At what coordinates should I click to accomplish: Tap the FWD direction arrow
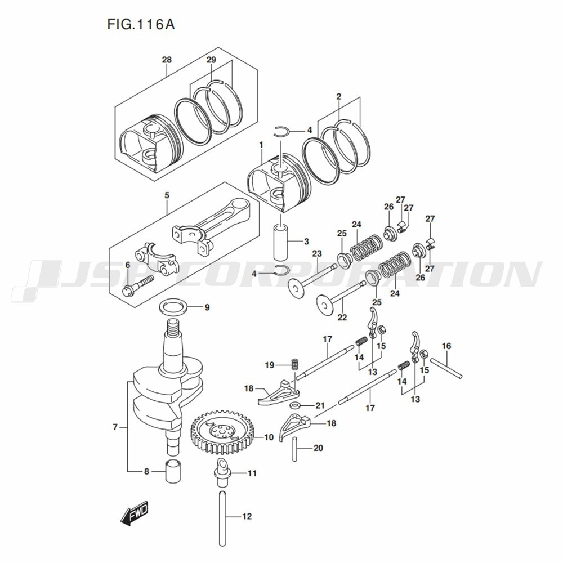pos(134,513)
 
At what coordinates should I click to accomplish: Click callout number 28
pos(167,60)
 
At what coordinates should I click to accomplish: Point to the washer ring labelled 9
pos(174,307)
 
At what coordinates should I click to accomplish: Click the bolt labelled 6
pos(138,284)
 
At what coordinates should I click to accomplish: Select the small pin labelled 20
pos(294,448)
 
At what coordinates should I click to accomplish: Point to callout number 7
pos(115,427)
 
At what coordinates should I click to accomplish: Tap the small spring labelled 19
pos(293,364)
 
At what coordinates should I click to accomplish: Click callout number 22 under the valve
pos(342,318)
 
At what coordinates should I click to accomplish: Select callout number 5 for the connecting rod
pos(167,195)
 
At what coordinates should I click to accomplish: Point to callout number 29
pos(211,60)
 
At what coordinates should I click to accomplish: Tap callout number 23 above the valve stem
pos(317,253)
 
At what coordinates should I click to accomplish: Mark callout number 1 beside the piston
pos(261,145)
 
